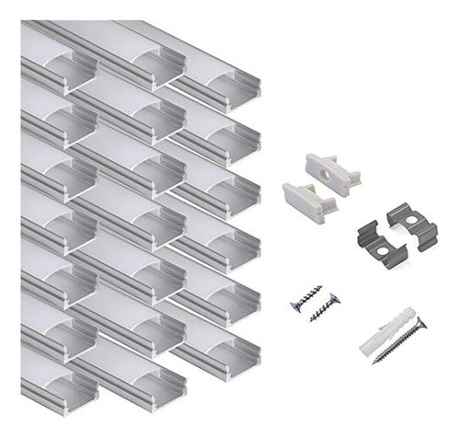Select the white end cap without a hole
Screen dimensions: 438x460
[x=305, y=194]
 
